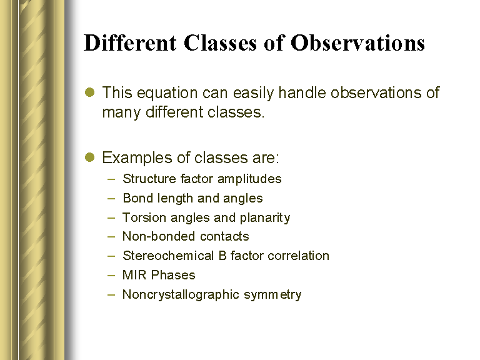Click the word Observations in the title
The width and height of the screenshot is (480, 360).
click(x=357, y=42)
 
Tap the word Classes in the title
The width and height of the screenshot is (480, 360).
click(x=220, y=42)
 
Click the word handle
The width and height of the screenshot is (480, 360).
click(x=302, y=92)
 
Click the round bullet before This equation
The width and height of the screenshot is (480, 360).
click(x=90, y=92)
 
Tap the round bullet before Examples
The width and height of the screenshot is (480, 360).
click(x=90, y=157)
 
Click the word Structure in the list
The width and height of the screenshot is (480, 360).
click(x=149, y=179)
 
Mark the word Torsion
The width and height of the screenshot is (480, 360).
click(x=144, y=217)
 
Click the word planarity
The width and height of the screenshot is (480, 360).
click(x=265, y=218)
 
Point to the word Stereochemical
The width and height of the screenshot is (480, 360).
click(x=168, y=256)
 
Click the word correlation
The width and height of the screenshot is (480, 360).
click(x=299, y=256)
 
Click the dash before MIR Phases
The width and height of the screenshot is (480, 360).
click(x=111, y=275)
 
